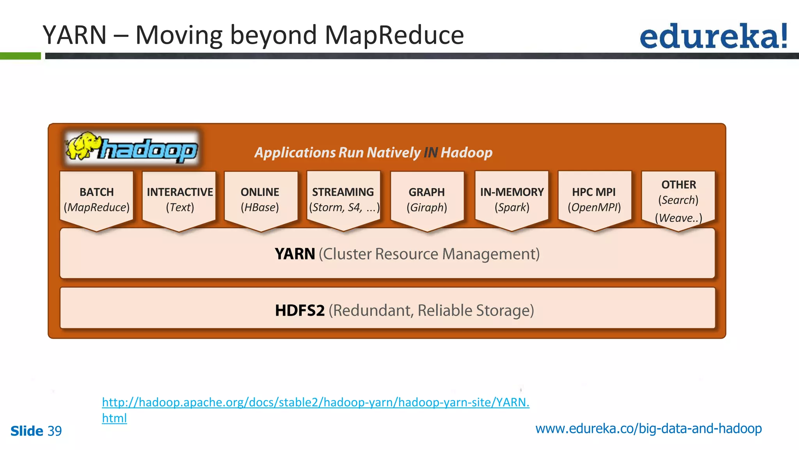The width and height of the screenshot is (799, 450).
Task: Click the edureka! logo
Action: point(713,36)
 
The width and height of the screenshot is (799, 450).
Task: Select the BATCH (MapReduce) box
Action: point(97,200)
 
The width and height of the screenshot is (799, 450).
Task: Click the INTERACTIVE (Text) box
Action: point(179,200)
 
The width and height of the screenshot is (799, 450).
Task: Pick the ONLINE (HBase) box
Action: point(260,200)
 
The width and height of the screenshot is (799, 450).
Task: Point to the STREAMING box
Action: point(343,200)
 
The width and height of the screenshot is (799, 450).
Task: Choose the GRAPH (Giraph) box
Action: point(427,200)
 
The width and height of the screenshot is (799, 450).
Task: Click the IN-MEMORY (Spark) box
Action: point(512,200)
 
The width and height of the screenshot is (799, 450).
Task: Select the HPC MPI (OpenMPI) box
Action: point(594,200)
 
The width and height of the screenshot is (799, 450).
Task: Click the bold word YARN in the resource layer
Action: point(295,254)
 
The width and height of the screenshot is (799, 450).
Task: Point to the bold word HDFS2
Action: point(300,311)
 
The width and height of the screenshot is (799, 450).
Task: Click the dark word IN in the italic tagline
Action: point(430,152)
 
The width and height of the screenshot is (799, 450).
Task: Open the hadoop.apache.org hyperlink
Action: point(315,402)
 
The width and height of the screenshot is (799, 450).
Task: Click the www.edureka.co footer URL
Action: point(648,429)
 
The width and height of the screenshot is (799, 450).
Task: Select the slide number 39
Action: point(55,431)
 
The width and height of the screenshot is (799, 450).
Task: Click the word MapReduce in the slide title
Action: point(394,35)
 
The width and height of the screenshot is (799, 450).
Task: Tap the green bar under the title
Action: point(20,56)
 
